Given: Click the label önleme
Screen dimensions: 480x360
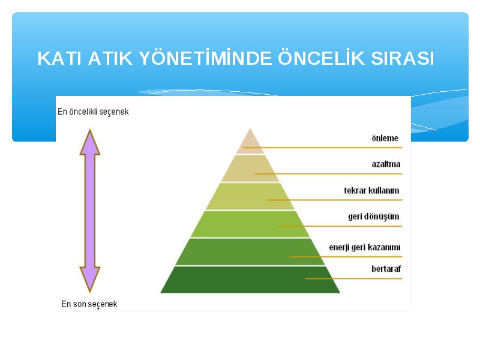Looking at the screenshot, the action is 385,138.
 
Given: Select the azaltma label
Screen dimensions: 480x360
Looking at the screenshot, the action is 386,164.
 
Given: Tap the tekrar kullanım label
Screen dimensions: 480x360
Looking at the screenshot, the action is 371,190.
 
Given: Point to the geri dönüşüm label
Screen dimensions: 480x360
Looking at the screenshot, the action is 373,217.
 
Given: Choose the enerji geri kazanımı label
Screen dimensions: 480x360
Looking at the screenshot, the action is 365,247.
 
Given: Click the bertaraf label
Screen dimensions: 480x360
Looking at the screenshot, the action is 386,269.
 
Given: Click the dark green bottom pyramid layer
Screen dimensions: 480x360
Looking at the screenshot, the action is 250,280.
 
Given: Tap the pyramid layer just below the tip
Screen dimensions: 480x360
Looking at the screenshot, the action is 250,169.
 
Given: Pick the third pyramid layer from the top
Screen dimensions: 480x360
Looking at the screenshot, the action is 250,196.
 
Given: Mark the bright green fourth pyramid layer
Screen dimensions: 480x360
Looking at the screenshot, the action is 250,224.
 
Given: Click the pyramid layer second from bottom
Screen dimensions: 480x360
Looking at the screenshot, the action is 250,252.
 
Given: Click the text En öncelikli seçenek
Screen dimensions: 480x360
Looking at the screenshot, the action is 93,112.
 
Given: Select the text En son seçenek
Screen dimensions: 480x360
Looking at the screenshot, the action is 89,304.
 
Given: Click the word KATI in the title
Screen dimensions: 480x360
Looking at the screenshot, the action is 59,58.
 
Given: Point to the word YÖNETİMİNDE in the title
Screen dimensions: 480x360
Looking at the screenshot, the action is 205,58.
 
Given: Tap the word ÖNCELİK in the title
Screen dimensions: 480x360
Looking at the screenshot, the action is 321,58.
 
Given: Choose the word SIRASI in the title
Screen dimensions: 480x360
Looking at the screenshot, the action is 403,58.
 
